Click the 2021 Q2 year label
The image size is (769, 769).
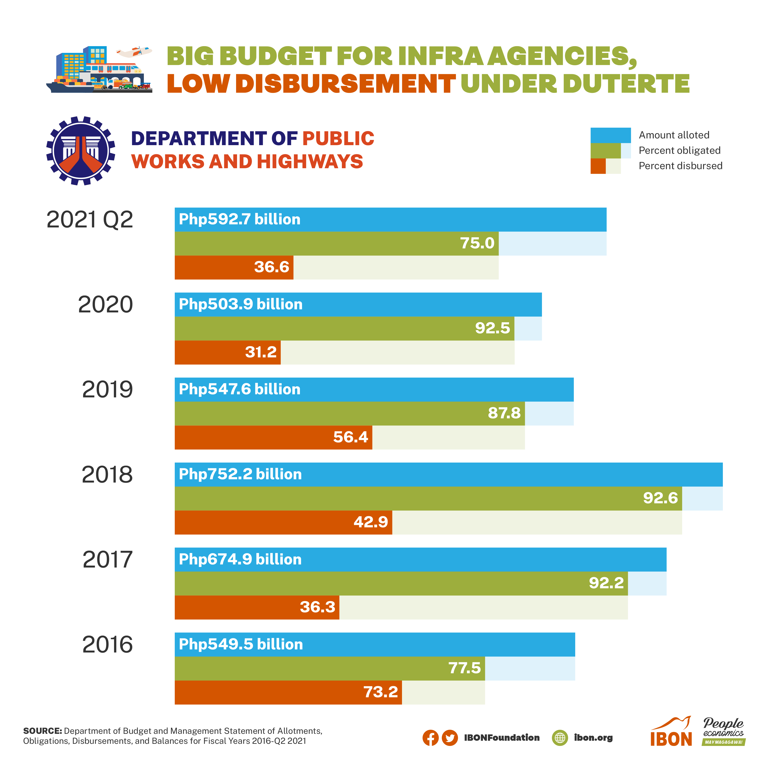[x=90, y=220]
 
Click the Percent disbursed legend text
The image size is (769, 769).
[x=680, y=166]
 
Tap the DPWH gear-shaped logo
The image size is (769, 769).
[x=81, y=151]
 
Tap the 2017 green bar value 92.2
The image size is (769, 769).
[x=606, y=583]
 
